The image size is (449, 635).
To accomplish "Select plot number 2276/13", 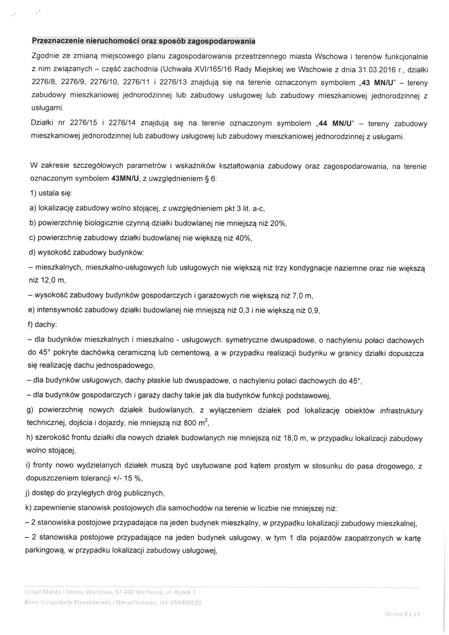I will (x=173, y=83).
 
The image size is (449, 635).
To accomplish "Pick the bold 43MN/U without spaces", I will (x=125, y=179).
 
